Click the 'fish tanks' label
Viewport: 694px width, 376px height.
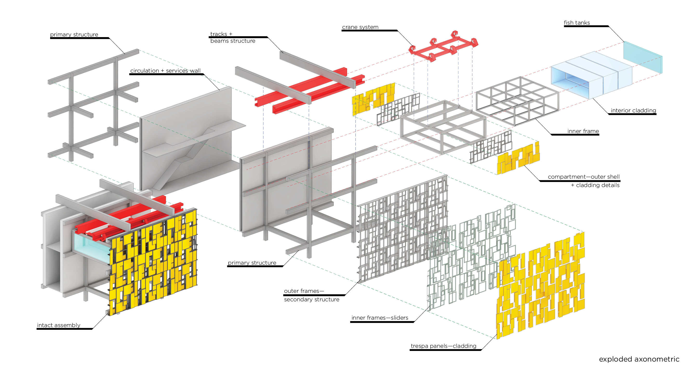(x=577, y=23)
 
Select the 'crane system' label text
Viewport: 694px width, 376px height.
(x=360, y=27)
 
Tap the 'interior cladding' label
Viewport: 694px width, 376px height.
(x=633, y=110)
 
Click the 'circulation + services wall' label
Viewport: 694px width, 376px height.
(x=165, y=71)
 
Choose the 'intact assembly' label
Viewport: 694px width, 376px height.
(x=59, y=325)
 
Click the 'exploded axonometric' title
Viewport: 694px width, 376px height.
(x=639, y=359)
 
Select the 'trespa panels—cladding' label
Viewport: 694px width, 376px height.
(x=443, y=346)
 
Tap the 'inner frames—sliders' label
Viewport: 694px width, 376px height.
(x=380, y=317)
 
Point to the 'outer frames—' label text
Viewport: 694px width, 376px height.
(x=304, y=291)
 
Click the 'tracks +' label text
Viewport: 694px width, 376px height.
(x=221, y=34)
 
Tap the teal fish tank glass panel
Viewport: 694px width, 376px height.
(x=642, y=57)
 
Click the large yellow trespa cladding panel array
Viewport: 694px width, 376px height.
(x=540, y=286)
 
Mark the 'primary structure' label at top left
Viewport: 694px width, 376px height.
(x=74, y=34)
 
